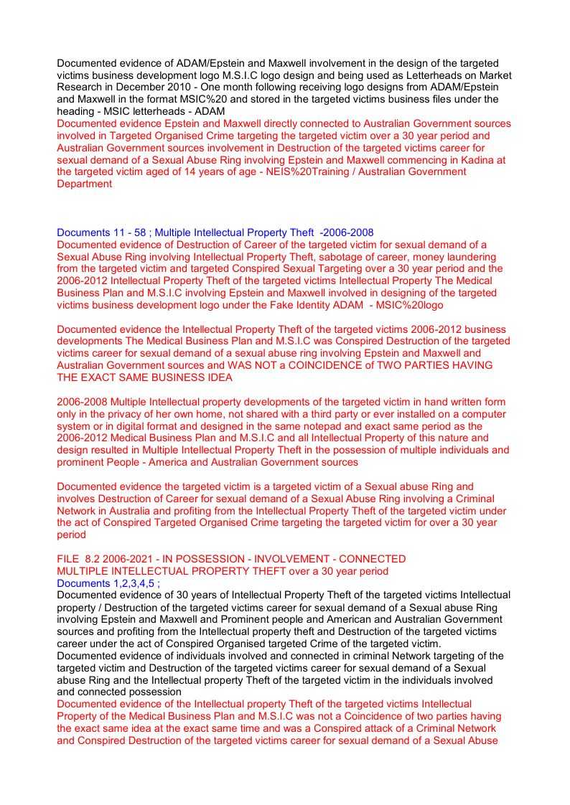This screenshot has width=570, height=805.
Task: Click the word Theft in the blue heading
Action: pos(296,232)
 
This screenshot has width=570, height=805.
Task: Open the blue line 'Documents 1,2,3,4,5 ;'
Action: pos(108,583)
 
